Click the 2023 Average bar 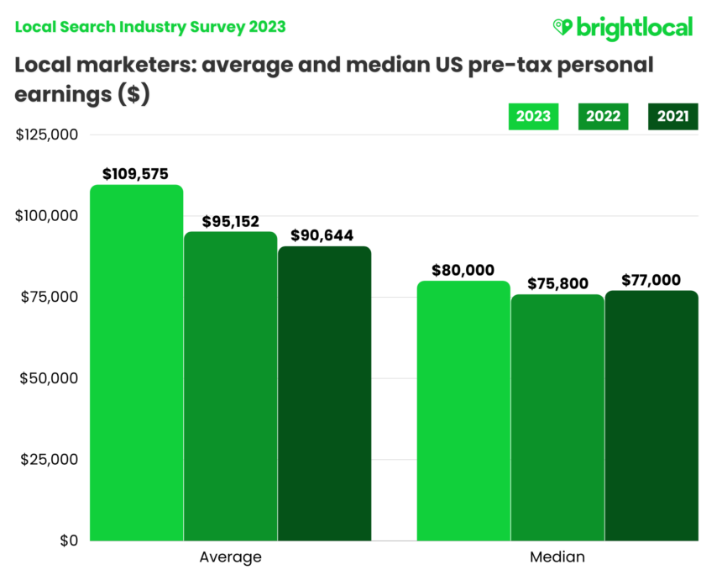[136, 362]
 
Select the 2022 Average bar [230, 386]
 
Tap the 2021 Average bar [324, 393]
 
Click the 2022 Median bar [557, 417]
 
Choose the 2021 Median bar [651, 415]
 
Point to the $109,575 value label [135, 174]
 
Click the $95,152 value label [231, 222]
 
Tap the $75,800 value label [557, 284]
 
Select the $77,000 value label [651, 281]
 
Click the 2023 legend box [533, 116]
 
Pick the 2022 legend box [603, 116]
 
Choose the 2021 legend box [672, 116]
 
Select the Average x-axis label [230, 557]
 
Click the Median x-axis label [557, 557]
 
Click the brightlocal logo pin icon [562, 27]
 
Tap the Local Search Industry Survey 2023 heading [151, 27]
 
